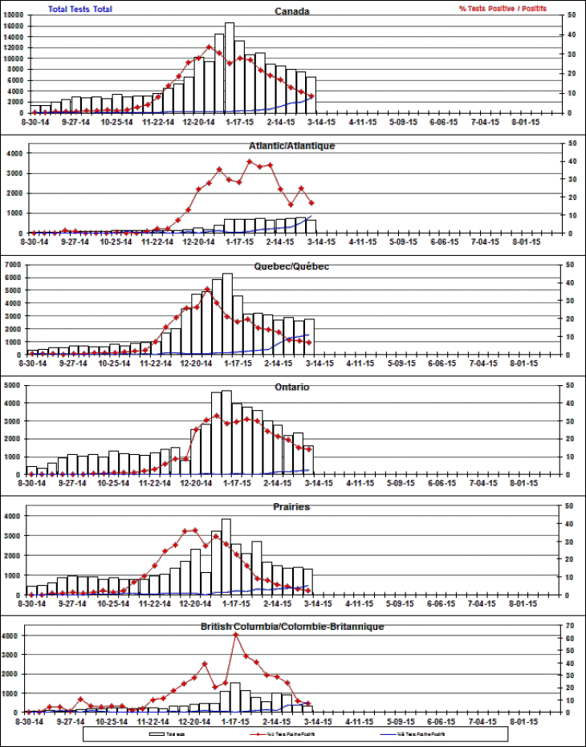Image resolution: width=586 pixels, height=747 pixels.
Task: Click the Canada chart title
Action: [x=292, y=12]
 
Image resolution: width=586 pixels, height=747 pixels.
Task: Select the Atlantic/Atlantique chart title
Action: [x=292, y=146]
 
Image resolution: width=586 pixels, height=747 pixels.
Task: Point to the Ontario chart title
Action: [x=291, y=387]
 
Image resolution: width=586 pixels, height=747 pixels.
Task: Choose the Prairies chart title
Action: [x=291, y=507]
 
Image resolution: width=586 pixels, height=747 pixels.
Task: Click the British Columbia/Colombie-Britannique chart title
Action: [x=292, y=626]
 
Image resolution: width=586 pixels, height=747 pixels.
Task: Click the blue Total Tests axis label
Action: [x=81, y=9]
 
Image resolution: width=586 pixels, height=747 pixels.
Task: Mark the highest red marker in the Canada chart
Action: [x=210, y=47]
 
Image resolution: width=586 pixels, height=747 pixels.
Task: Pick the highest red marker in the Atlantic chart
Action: [x=250, y=161]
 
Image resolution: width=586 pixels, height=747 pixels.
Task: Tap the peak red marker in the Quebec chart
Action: [x=207, y=289]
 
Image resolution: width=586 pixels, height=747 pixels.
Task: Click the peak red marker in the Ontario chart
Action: [x=217, y=416]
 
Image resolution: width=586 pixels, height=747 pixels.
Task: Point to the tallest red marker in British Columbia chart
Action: [x=236, y=635]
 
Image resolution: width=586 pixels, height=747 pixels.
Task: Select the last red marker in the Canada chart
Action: [x=311, y=96]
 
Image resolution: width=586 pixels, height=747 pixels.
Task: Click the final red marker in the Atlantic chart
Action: [x=311, y=202]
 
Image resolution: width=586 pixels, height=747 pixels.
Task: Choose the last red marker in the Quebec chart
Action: [x=309, y=343]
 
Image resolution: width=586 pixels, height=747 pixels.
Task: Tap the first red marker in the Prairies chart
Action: [x=32, y=595]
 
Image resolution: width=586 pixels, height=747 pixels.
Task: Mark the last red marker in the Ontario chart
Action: [x=308, y=449]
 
